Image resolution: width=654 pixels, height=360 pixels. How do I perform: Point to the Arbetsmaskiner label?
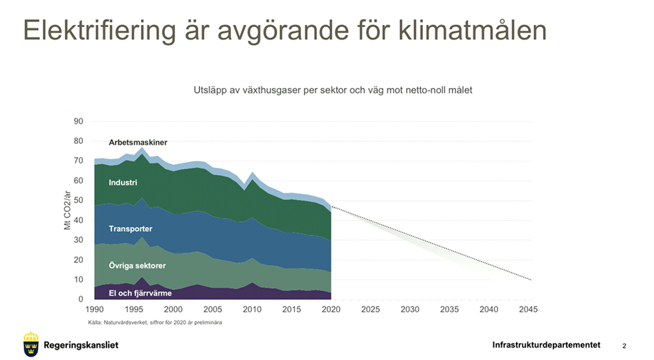pyautogui.click(x=138, y=143)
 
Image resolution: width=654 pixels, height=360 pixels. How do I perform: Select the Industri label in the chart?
pyautogui.click(x=123, y=183)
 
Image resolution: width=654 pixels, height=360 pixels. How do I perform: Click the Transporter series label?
pyautogui.click(x=130, y=229)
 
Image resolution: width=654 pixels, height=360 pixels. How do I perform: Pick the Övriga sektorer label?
pyautogui.click(x=137, y=266)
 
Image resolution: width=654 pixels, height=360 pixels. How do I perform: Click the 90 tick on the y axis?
pyautogui.click(x=78, y=122)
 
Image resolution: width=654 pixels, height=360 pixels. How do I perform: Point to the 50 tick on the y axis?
pyautogui.click(x=78, y=201)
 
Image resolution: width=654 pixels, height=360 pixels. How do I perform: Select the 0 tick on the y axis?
pyautogui.click(x=80, y=300)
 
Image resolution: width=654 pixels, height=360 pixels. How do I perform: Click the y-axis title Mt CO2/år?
pyautogui.click(x=68, y=212)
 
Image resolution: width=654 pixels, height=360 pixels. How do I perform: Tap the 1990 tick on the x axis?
pyautogui.click(x=94, y=309)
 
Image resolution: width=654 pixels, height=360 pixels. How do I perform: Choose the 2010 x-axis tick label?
pyautogui.click(x=251, y=309)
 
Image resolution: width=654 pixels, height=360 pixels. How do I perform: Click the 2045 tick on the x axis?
pyautogui.click(x=527, y=309)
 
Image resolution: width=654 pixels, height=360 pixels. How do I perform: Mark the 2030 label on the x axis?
pyautogui.click(x=410, y=309)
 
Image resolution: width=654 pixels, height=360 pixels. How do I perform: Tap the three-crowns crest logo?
pyautogui.click(x=30, y=344)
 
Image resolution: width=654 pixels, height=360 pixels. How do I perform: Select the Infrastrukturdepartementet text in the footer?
pyautogui.click(x=546, y=345)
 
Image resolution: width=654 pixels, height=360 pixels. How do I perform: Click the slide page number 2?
pyautogui.click(x=624, y=345)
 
